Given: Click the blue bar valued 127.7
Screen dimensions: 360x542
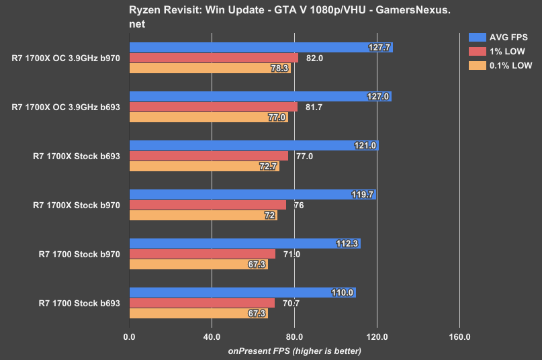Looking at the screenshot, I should point(261,48).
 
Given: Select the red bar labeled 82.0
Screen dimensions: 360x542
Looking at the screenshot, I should point(214,58).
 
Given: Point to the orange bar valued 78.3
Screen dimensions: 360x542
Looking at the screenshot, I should point(210,68).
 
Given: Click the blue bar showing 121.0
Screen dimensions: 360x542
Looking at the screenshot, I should point(254,146).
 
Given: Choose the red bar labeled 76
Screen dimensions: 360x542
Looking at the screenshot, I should point(208,205).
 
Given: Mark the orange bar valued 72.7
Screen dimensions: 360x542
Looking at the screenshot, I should point(204,166).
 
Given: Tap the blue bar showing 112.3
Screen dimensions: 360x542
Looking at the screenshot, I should point(244,244).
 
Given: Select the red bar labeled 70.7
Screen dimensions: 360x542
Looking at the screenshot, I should point(201,303).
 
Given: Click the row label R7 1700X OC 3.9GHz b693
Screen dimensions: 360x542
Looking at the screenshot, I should point(66,107).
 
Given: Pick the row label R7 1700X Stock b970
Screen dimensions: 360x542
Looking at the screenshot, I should point(77,205).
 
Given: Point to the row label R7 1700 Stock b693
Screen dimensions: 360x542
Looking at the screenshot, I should point(80,303).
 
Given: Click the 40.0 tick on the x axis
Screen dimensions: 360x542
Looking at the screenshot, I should point(212,337).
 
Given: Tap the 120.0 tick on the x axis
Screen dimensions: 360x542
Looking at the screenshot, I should point(377,337).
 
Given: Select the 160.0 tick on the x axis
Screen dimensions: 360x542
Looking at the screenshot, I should point(459,337).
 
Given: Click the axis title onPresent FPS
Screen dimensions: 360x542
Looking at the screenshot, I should point(294,351).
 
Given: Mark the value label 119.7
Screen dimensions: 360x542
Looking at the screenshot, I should point(362,195).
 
